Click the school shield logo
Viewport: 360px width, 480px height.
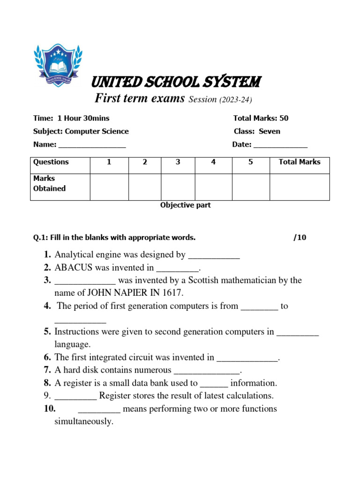pos(58,65)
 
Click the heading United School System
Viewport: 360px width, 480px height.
pos(176,82)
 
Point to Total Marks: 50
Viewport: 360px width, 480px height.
pos(261,118)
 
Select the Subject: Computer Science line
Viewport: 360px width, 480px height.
pos(81,131)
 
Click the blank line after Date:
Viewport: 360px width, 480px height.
pos(280,145)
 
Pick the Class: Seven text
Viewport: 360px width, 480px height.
pos(257,131)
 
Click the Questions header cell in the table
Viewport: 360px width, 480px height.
pos(51,162)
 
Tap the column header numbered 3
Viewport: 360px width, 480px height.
pos(178,162)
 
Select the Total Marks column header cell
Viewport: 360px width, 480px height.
pos(300,162)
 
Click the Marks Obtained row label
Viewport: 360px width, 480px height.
pos(49,183)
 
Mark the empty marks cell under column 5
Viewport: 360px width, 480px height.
pos(251,187)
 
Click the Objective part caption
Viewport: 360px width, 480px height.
pos(186,205)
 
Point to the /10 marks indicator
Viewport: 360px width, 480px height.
pos(300,238)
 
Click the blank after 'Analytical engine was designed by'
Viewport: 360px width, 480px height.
pos(214,256)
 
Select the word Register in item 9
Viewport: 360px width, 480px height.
pos(114,396)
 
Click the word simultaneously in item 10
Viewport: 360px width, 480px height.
pos(84,421)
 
